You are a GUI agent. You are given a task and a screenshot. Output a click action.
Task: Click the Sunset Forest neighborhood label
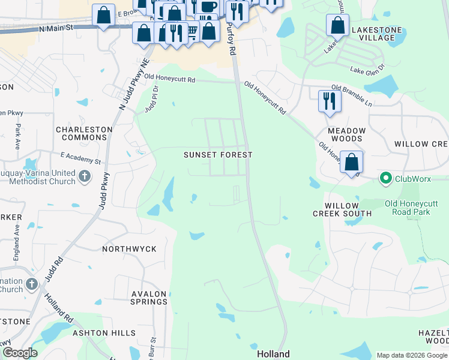(218, 155)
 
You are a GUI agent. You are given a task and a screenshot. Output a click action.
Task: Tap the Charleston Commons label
(81, 133)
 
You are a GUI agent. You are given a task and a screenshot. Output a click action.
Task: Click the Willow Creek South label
(343, 209)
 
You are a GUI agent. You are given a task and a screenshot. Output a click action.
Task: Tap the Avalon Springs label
(149, 298)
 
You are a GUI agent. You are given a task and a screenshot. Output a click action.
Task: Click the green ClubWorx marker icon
(386, 178)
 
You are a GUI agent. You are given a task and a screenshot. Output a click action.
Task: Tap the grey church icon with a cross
(85, 176)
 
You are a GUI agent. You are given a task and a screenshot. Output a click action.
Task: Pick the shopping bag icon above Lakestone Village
(338, 26)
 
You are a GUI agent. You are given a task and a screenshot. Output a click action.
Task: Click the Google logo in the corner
(19, 352)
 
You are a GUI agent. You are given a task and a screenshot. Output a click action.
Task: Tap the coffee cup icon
(209, 7)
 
